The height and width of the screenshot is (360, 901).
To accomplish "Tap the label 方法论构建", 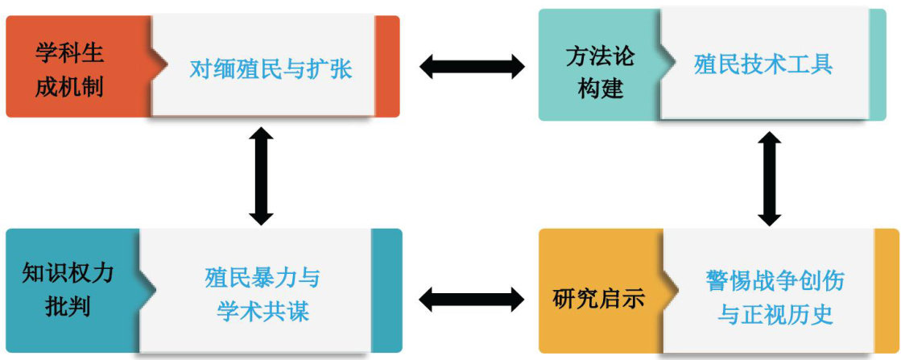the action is pos(600,70).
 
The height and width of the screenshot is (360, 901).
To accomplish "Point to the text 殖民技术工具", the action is pos(763,64).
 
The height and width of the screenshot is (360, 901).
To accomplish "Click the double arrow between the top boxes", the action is pos(471,66).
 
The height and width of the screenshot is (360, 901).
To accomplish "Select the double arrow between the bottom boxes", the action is pos(471,300).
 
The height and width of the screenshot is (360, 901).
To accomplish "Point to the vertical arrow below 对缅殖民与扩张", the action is pos(261,175).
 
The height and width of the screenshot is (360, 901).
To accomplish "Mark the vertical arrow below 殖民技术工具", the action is pos(770,179).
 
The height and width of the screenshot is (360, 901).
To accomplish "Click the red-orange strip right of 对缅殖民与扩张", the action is pos(387,66).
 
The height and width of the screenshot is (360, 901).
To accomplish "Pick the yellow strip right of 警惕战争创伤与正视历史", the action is pos(887,292).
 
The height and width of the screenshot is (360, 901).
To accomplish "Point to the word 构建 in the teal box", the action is pos(600,87).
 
